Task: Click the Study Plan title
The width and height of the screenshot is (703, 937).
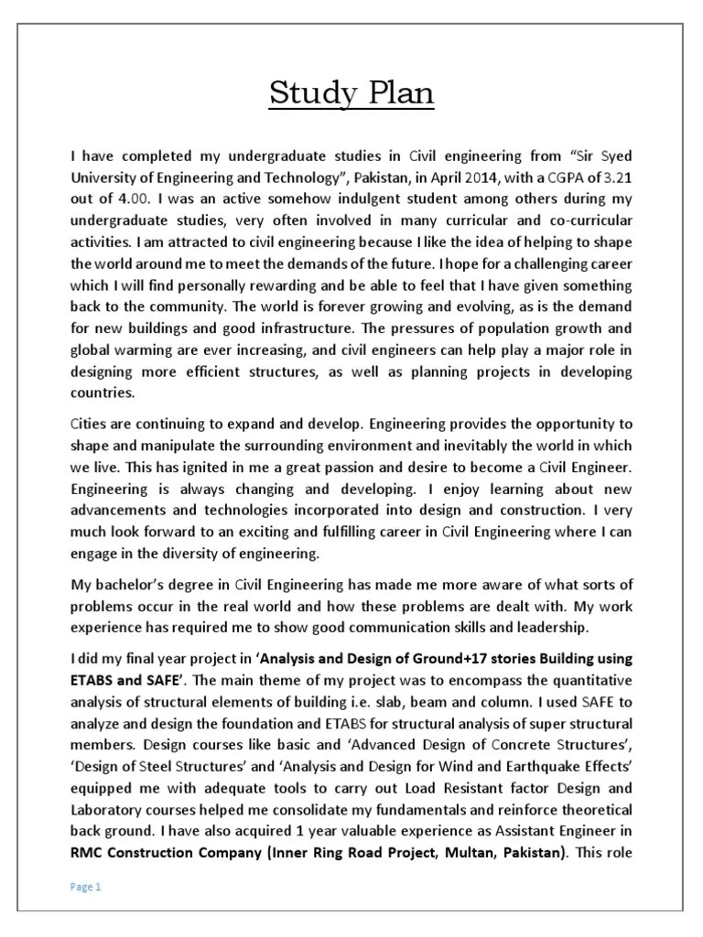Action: point(351,93)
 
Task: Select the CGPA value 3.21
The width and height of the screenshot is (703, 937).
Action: point(618,176)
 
